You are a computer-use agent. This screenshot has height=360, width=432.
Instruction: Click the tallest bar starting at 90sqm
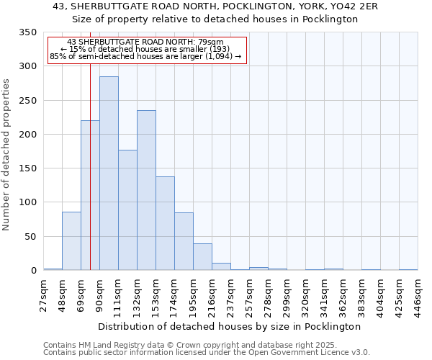click(x=109, y=173)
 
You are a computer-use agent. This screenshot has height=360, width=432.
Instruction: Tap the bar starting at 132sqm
click(x=146, y=190)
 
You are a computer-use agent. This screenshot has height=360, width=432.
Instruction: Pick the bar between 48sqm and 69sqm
click(x=71, y=240)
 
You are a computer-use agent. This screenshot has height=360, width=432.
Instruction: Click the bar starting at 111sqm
click(x=127, y=210)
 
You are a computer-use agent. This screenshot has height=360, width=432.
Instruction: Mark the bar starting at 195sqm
click(x=202, y=256)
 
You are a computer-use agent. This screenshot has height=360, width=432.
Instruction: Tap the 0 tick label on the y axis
click(x=33, y=271)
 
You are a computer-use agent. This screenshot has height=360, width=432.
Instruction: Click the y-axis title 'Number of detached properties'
click(x=7, y=155)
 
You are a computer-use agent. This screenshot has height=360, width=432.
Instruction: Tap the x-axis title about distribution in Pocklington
click(x=229, y=326)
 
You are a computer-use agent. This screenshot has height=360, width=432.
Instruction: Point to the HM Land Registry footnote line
click(x=195, y=345)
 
